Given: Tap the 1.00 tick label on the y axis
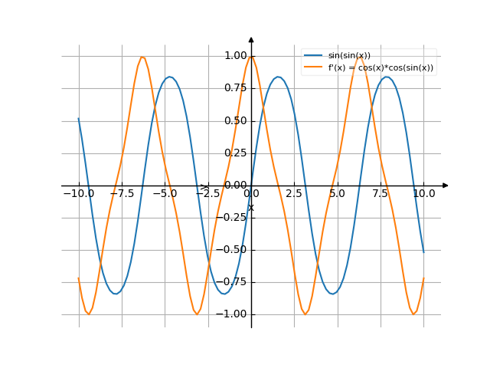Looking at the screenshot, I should click(x=235, y=56).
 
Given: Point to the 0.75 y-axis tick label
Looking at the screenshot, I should click(x=235, y=88).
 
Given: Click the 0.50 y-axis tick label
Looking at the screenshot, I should click(x=235, y=120).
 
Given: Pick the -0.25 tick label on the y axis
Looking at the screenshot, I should click(x=233, y=218).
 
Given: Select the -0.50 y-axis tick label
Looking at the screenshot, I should click(x=233, y=250).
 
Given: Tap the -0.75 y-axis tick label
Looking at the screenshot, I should click(x=233, y=282).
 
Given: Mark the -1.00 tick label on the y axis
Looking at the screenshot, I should click(x=233, y=314).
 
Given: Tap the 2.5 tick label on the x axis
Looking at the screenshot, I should click(x=294, y=195).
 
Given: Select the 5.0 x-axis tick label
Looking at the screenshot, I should click(x=338, y=195).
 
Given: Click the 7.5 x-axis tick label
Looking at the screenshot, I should click(x=381, y=195).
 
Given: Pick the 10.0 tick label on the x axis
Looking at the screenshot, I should click(x=423, y=195).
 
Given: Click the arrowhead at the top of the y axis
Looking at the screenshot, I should click(x=251, y=38).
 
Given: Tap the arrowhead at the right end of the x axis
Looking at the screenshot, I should click(x=446, y=186).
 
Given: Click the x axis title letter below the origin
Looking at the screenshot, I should click(x=251, y=207).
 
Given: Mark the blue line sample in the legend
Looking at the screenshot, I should click(x=312, y=55).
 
